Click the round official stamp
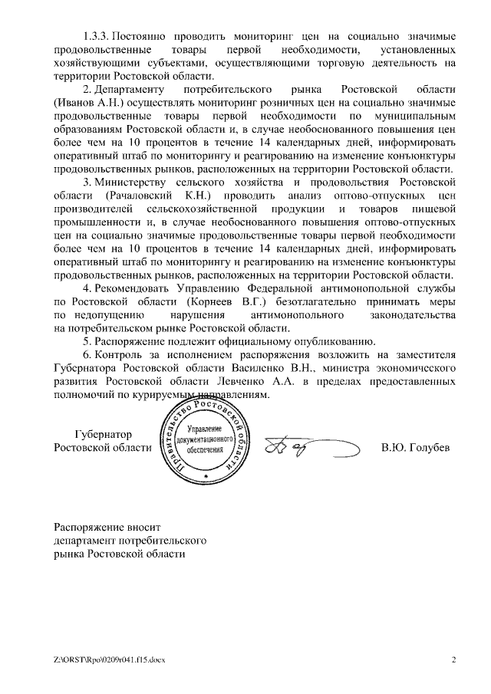pyautogui.click(x=206, y=439)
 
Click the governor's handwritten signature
pyautogui.click(x=307, y=446)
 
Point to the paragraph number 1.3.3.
pyautogui.click(x=95, y=37)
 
